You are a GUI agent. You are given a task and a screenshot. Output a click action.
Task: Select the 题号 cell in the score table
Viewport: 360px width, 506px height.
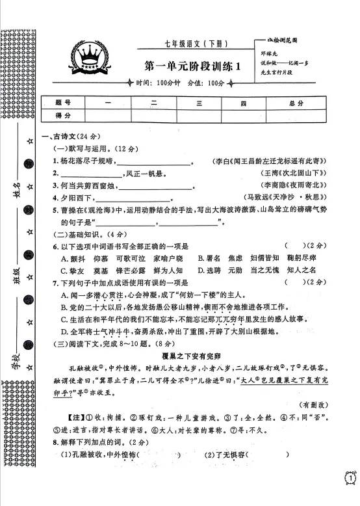pyautogui.click(x=63, y=103)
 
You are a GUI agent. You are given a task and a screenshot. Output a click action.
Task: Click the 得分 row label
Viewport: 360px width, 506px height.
pyautogui.click(x=63, y=114)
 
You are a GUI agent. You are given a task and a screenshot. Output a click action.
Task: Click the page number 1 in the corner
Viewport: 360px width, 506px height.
pyautogui.click(x=350, y=479)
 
